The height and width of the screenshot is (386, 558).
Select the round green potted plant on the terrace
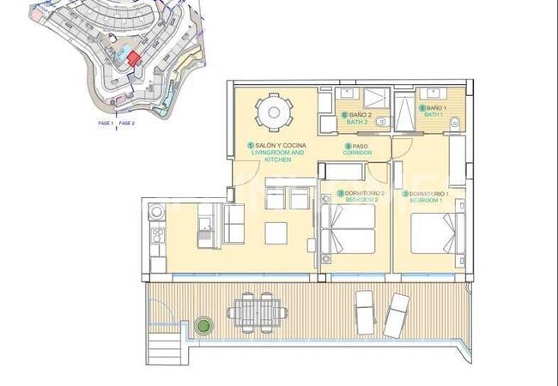203,326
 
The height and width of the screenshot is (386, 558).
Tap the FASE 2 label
127,124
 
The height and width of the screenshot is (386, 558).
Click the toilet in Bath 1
454,124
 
